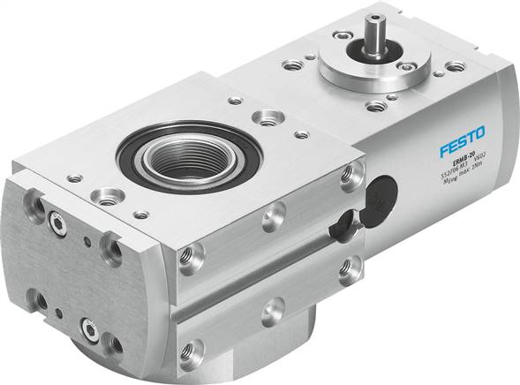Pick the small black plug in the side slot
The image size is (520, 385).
pos(338,230)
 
